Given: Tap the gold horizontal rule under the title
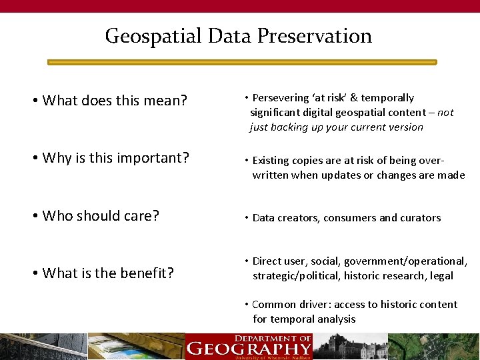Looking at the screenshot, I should (242, 62).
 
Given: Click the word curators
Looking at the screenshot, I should (420, 218).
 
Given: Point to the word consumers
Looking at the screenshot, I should (349, 218).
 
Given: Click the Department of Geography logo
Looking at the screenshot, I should (249, 346).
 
